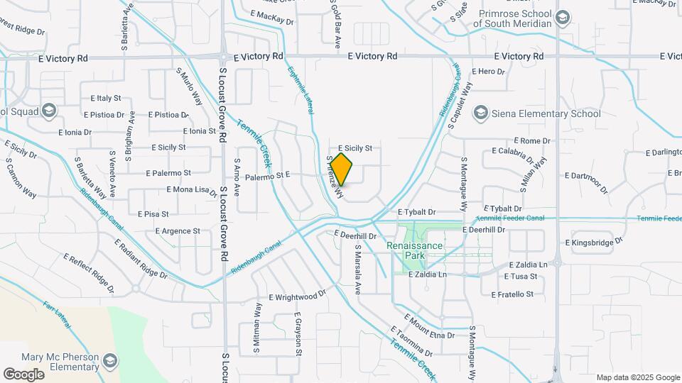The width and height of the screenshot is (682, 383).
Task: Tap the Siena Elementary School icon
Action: point(481,113)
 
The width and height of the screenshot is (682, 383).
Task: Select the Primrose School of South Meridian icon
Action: point(563,17)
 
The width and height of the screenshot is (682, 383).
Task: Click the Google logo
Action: point(23,374)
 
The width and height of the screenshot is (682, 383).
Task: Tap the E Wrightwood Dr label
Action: point(296,295)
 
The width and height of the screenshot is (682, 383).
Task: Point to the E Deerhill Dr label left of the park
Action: point(355,235)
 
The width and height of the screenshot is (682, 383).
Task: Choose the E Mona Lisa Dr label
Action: point(192,190)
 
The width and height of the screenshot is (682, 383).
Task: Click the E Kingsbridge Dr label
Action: point(593,243)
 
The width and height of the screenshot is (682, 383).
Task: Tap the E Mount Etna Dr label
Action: point(429,326)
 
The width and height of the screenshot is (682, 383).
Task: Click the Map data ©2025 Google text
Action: point(637,377)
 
